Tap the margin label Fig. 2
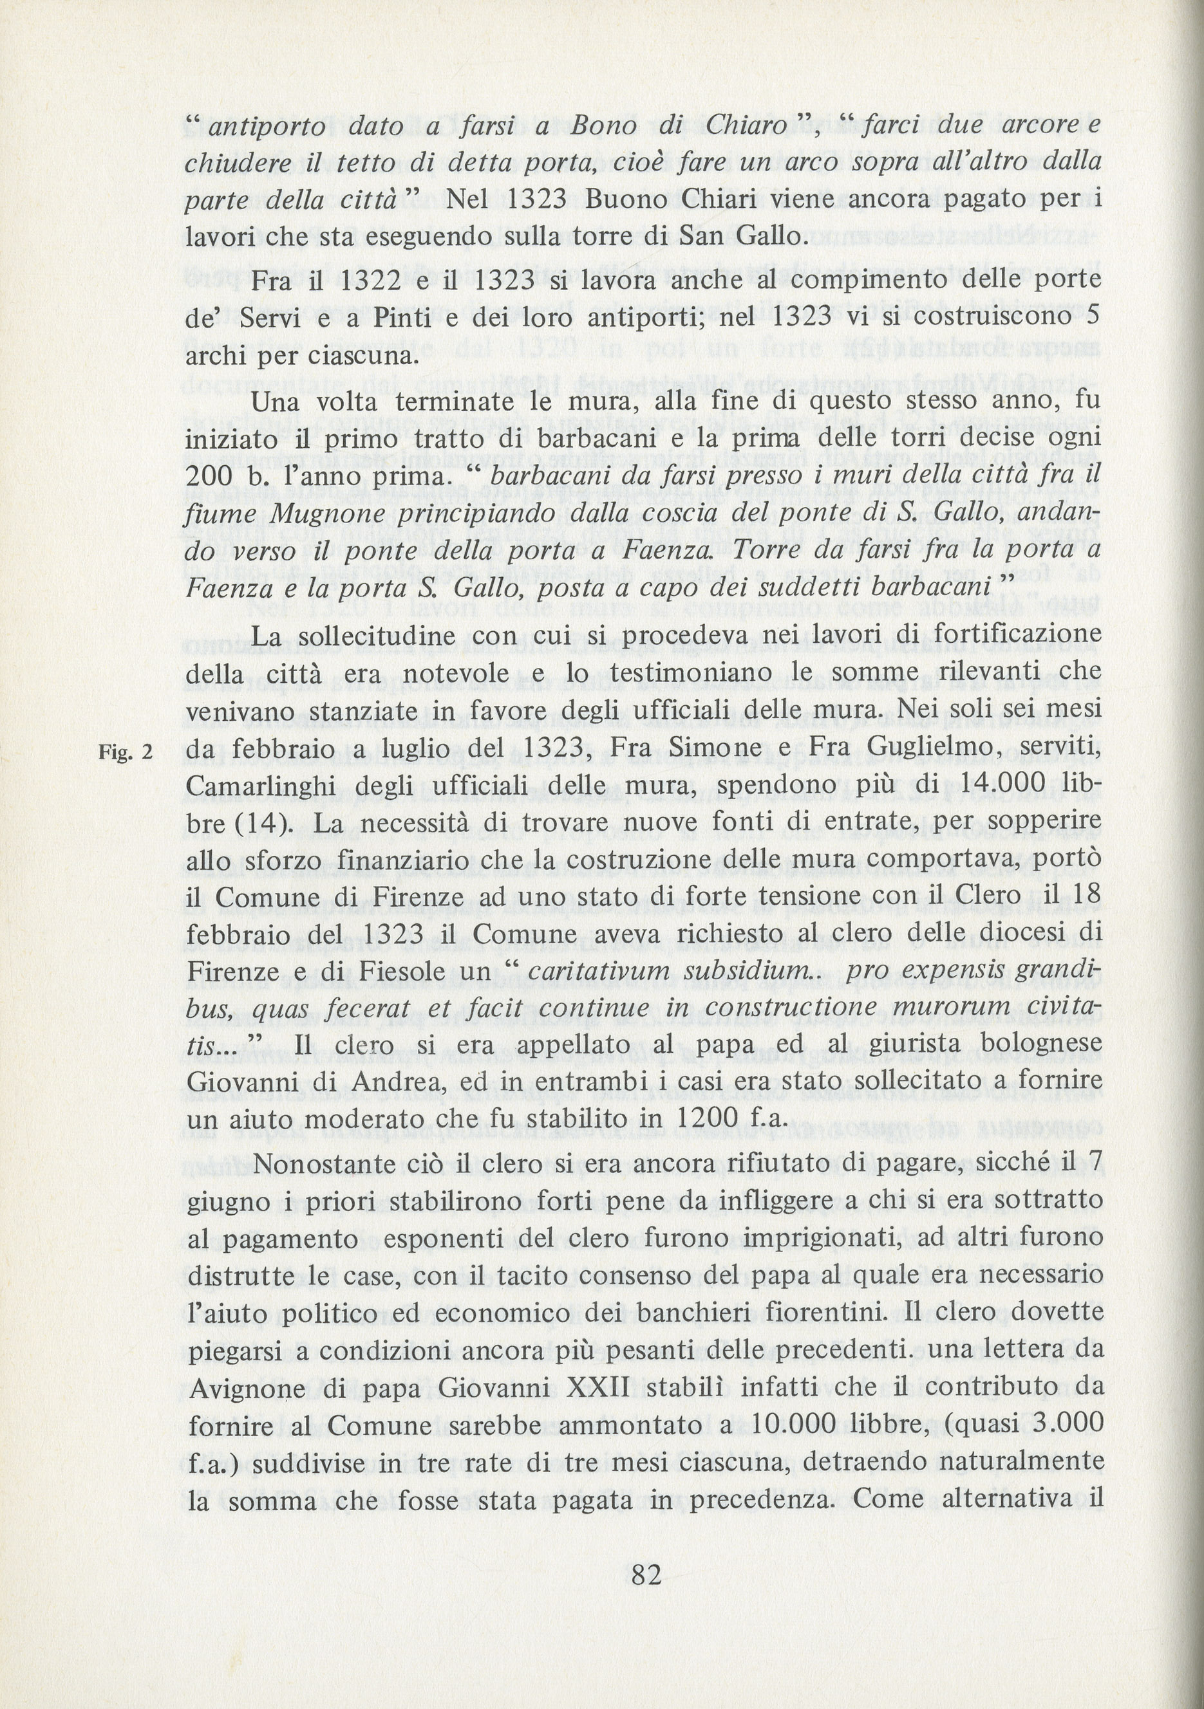click(x=125, y=752)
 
